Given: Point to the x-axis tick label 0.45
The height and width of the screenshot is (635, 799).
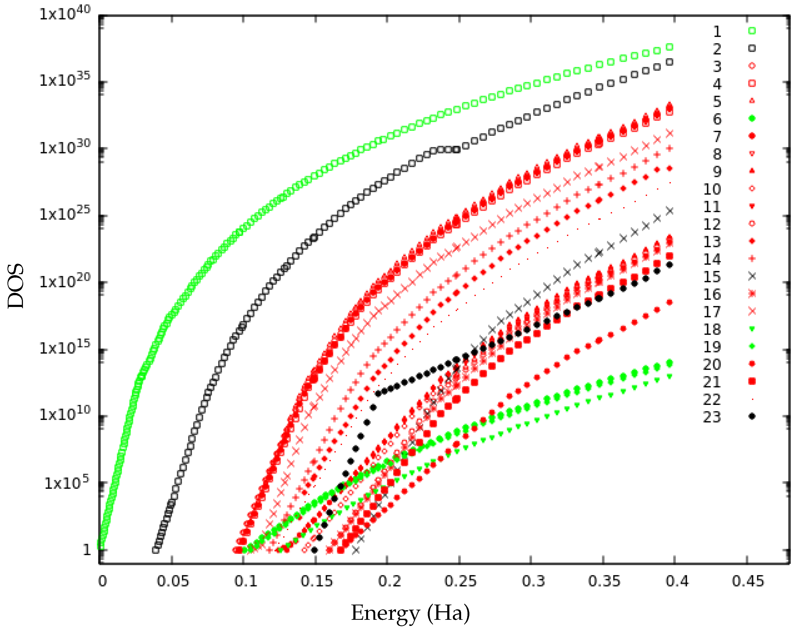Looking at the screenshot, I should pyautogui.click(x=748, y=581).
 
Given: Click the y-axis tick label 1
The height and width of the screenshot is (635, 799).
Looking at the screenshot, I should pyautogui.click(x=87, y=550).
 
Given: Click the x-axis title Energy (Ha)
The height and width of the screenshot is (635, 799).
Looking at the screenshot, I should pyautogui.click(x=410, y=613).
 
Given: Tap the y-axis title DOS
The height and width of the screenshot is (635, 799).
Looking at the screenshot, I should pyautogui.click(x=15, y=286).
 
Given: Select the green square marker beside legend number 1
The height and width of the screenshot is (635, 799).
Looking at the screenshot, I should pyautogui.click(x=752, y=31).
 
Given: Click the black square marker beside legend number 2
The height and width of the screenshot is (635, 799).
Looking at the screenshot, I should pyautogui.click(x=752, y=48).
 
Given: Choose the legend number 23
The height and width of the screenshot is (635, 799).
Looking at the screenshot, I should pyautogui.click(x=712, y=417).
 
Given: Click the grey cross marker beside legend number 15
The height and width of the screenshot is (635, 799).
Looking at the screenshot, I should pyautogui.click(x=752, y=276).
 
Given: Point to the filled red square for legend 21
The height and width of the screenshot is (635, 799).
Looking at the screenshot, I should pyautogui.click(x=752, y=381).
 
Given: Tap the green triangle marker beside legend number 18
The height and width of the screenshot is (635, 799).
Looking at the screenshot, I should pyautogui.click(x=752, y=329).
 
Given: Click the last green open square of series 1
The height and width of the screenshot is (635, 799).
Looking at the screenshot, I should pyautogui.click(x=670, y=47).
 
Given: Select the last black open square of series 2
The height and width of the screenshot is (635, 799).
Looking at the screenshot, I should pyautogui.click(x=670, y=62).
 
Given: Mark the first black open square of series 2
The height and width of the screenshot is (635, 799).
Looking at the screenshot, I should pyautogui.click(x=156, y=550).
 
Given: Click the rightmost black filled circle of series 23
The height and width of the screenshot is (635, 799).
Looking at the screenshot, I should pyautogui.click(x=670, y=265).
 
